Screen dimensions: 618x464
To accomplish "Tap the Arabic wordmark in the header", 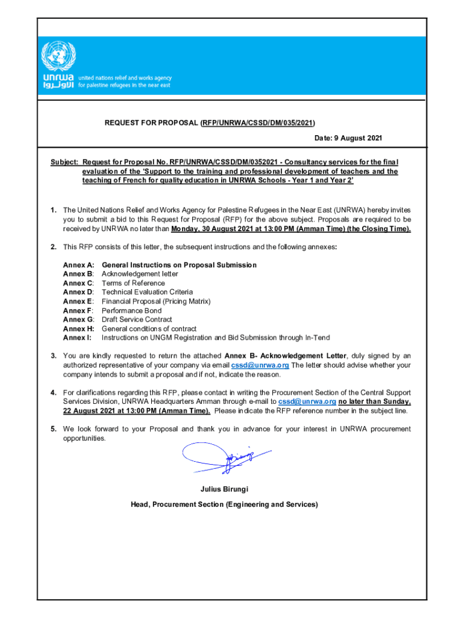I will point(58,86).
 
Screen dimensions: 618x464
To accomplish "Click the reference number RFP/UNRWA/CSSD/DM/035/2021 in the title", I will point(258,123).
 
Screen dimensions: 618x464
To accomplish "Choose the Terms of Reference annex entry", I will point(133,283).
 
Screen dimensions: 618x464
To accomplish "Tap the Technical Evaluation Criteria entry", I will point(147,292).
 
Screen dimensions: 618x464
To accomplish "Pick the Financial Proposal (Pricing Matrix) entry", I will point(156,301).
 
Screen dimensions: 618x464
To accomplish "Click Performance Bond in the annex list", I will point(131,311).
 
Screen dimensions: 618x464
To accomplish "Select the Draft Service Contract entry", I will point(137,319).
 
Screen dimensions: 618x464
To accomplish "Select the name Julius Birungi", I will point(224,489).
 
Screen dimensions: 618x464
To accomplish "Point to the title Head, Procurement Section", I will point(224,505).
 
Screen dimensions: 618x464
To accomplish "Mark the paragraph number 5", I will point(54,429).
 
